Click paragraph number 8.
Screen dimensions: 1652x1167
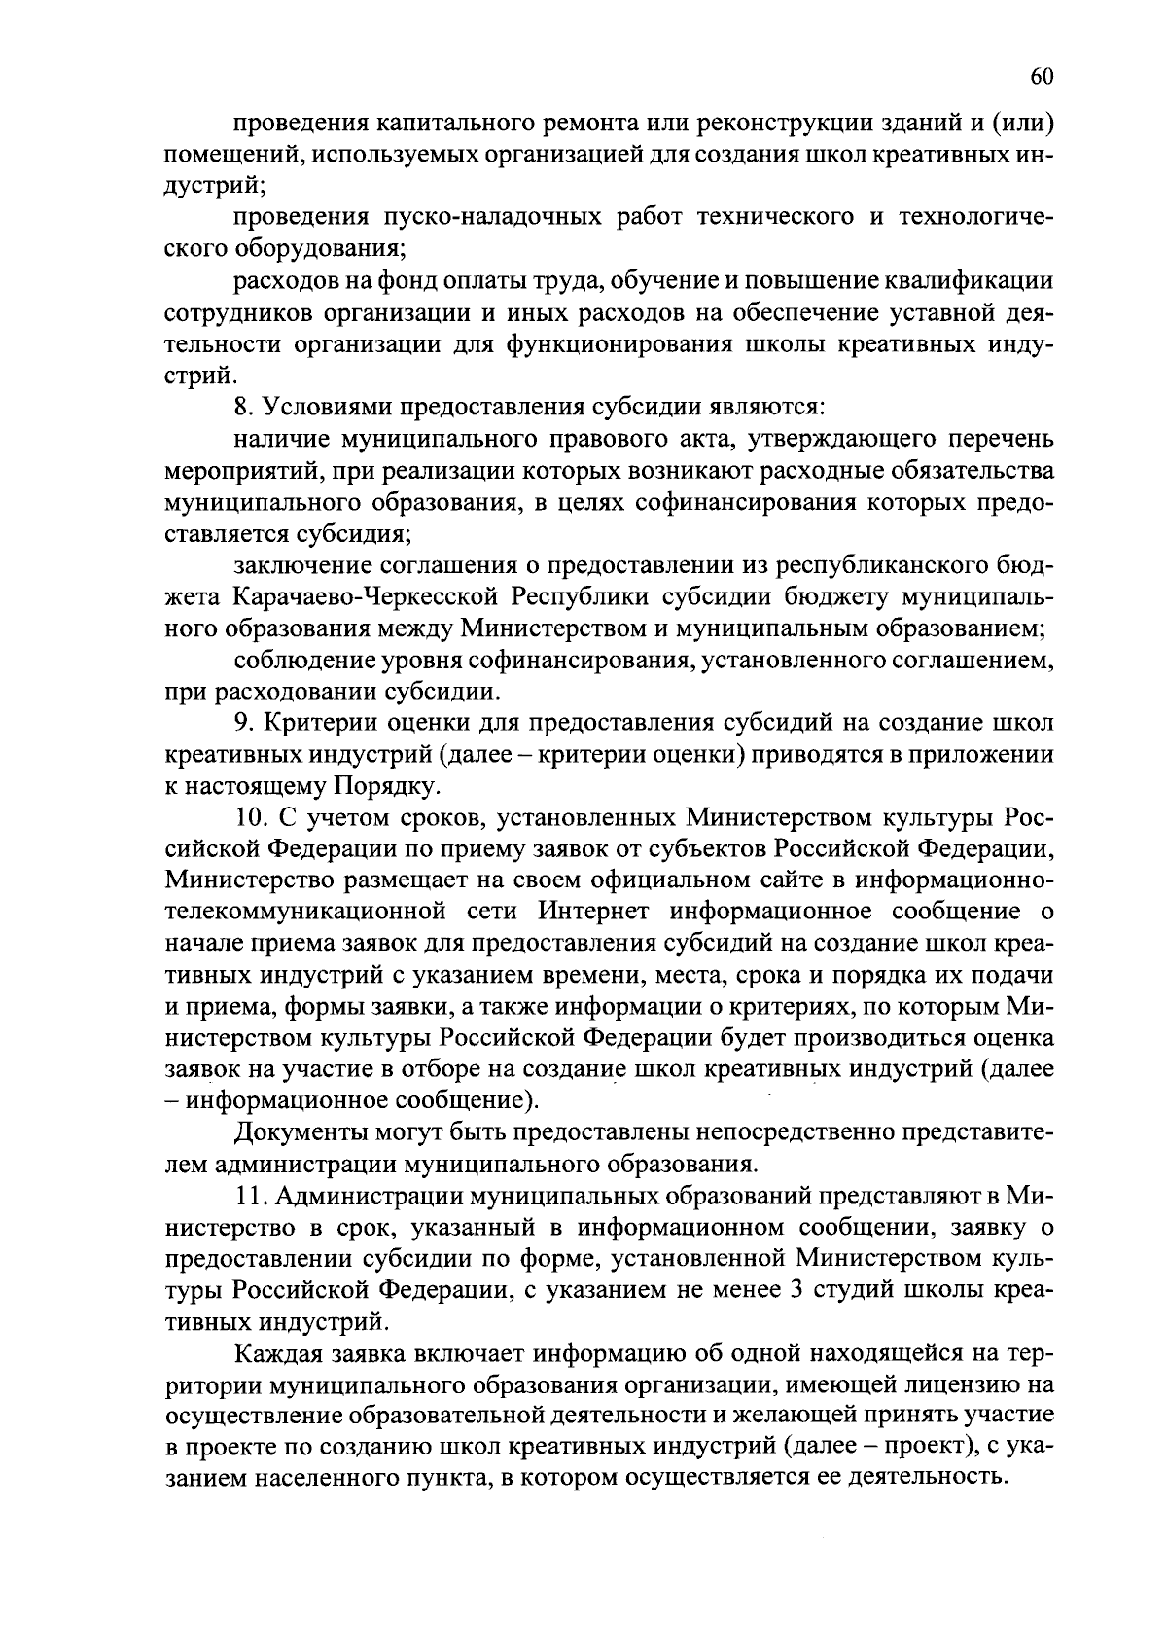(x=243, y=407)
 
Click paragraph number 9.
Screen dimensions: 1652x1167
(x=243, y=724)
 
